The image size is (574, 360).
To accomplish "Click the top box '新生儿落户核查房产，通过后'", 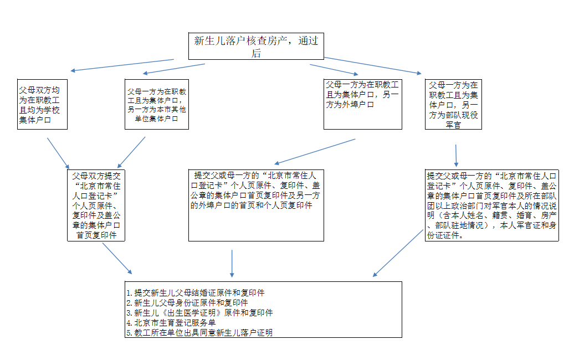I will point(256,47).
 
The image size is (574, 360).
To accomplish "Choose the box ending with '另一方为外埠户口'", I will point(363,104).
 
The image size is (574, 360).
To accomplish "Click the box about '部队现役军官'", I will point(453,104).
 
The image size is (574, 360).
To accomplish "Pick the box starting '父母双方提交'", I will point(96,205).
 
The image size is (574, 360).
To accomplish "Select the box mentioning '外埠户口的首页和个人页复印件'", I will point(256,205).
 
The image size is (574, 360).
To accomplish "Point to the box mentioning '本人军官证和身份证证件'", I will point(492,205).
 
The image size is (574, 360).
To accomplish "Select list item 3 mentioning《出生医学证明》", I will point(199,312).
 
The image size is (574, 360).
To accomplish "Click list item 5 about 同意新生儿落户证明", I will point(199,333).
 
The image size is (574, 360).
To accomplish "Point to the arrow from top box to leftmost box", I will point(122,65).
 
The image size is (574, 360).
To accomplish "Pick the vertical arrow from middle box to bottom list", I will point(232,263).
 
